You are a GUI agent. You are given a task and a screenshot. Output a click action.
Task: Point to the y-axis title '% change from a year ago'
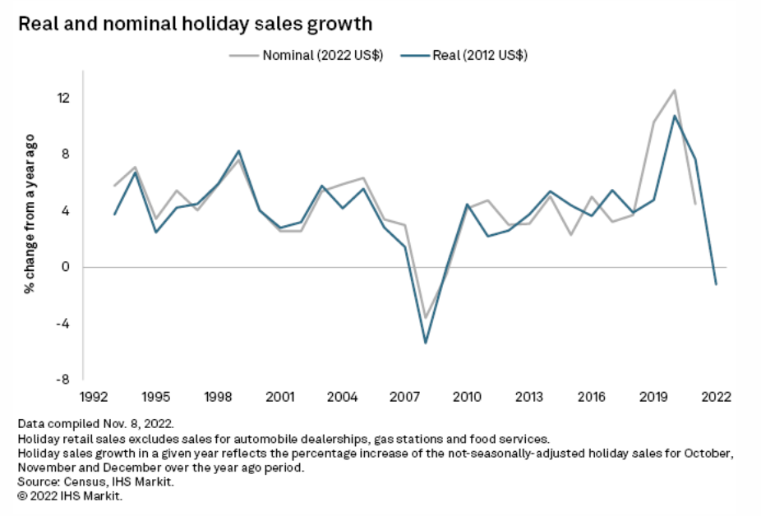(x=29, y=224)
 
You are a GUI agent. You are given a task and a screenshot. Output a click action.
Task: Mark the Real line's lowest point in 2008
(x=426, y=343)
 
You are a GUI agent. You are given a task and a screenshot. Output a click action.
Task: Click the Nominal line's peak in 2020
(x=675, y=90)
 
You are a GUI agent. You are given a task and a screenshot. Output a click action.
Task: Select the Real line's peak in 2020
(x=675, y=116)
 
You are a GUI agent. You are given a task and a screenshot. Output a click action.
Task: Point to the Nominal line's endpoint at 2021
(x=695, y=204)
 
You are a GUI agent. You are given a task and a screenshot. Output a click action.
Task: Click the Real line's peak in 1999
(x=239, y=151)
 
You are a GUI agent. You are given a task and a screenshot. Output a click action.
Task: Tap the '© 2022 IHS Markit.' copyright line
(x=70, y=497)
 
